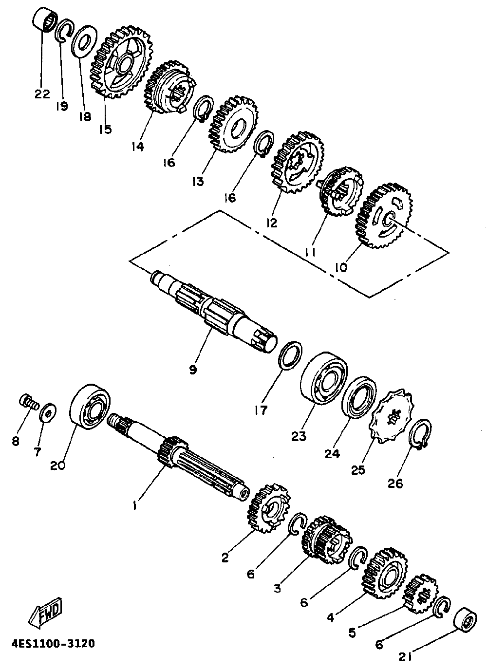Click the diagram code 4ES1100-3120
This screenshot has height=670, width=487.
(x=53, y=644)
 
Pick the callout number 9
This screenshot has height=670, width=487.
(x=193, y=370)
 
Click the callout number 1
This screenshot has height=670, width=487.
(x=135, y=506)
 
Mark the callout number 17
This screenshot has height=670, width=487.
(x=261, y=410)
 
